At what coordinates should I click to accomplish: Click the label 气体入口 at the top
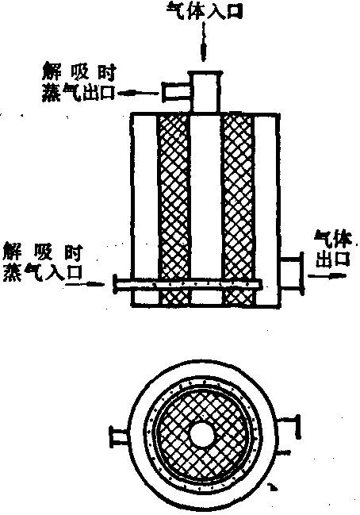pos(204,10)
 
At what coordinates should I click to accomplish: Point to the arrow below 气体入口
pos(205,42)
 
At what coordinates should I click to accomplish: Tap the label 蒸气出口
pos(79,94)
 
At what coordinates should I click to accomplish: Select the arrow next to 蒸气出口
pos(137,94)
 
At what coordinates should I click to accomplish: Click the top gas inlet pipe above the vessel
pos(205,93)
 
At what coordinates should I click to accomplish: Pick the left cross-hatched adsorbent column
pos(174,209)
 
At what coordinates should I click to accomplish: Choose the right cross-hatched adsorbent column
pos(238,209)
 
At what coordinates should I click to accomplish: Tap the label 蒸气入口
pos(42,273)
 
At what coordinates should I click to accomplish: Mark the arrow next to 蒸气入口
pos(86,283)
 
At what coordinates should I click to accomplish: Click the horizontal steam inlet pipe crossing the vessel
pos(188,284)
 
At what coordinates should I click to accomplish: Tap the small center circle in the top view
pos(202,435)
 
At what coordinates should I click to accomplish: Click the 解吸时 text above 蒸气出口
pos(79,73)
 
